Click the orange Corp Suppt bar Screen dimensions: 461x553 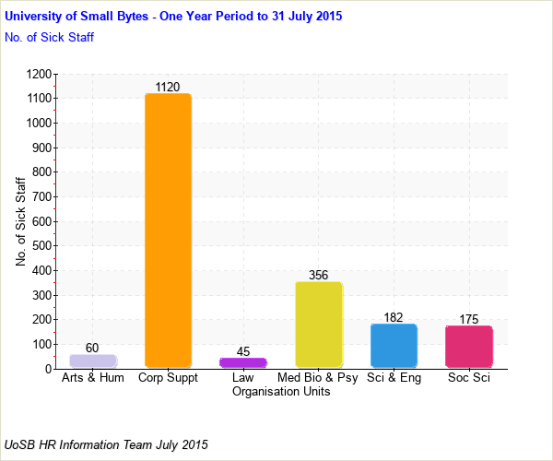[168, 230]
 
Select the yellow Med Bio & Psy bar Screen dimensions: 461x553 [318, 325]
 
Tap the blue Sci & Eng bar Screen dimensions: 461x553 [394, 346]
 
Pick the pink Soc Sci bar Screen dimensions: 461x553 [468, 347]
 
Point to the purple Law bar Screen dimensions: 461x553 [242, 363]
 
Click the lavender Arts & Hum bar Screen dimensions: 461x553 [93, 361]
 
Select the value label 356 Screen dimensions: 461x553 [318, 275]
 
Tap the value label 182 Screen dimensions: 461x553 [394, 317]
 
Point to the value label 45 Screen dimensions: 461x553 [242, 351]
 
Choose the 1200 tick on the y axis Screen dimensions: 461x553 [38, 74]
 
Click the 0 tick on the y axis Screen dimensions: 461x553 [47, 369]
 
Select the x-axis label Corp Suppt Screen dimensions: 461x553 [168, 378]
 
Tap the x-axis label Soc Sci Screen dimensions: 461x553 [468, 378]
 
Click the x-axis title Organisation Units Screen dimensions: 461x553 [281, 391]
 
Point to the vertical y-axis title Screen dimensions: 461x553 [21, 221]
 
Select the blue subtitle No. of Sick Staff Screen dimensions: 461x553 [49, 38]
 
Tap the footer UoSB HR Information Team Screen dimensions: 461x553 [106, 444]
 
